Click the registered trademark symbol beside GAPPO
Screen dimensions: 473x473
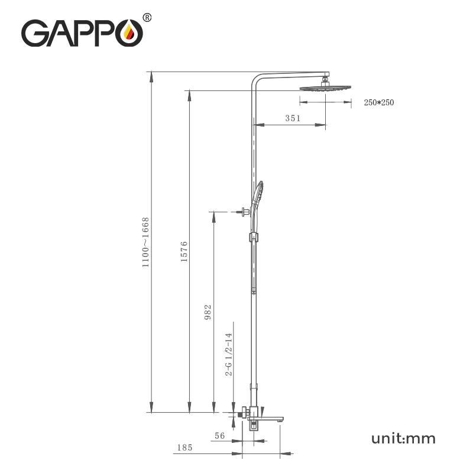147,18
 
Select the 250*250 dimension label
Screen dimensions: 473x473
378,103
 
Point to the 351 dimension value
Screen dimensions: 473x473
293,118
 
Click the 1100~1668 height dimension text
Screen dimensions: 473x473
145,242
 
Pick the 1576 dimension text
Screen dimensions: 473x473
184,251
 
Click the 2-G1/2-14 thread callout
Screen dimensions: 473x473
229,355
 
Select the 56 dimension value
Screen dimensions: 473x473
220,436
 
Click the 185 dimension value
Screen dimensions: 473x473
184,448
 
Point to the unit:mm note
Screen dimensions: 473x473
403,438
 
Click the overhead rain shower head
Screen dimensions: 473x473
325,88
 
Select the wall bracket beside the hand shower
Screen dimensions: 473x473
244,211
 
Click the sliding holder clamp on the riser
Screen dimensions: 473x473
254,238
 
